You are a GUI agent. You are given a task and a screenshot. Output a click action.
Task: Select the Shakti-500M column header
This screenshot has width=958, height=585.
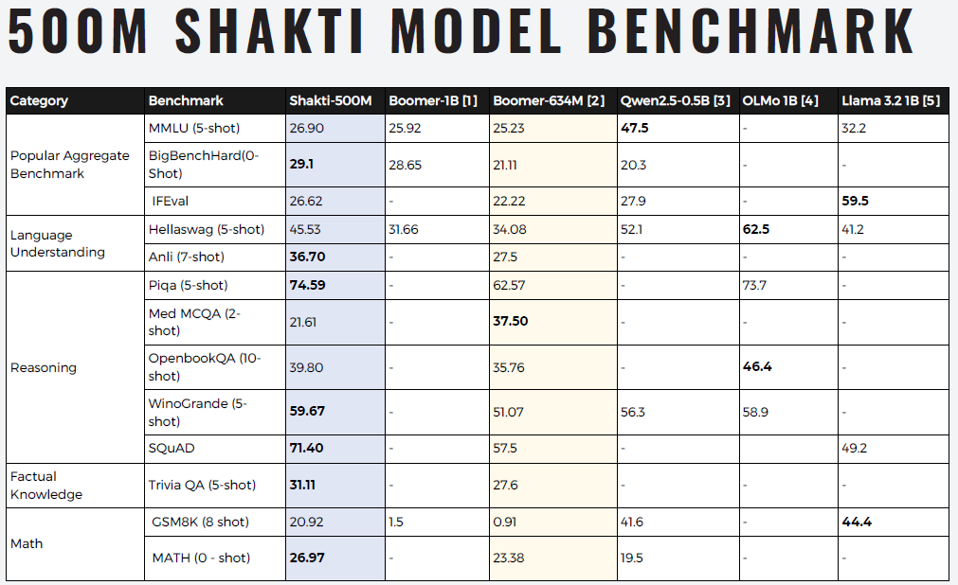click(330, 101)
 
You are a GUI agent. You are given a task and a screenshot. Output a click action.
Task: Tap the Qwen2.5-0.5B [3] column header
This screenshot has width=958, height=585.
click(675, 101)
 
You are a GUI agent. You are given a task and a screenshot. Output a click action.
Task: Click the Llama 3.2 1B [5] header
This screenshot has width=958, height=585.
click(891, 101)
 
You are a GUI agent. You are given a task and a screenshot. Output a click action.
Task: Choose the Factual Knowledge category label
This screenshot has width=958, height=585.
click(46, 486)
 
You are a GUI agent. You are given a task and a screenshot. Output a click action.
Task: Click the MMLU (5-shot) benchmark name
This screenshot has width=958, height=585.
click(194, 128)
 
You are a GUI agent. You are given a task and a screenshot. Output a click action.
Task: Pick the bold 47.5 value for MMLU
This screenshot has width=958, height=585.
click(635, 128)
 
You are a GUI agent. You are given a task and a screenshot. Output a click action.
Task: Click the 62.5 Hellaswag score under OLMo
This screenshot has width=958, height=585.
click(757, 229)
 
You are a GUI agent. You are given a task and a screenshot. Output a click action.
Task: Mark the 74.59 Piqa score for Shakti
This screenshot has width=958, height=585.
click(307, 285)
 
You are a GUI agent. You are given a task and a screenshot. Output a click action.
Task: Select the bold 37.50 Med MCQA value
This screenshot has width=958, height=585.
click(511, 322)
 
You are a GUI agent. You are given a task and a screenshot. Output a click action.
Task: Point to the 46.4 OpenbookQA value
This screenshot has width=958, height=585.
click(757, 366)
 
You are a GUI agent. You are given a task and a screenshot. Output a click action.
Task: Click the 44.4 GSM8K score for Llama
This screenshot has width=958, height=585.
click(857, 522)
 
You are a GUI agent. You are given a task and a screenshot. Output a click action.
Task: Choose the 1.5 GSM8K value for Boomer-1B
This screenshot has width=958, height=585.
click(397, 522)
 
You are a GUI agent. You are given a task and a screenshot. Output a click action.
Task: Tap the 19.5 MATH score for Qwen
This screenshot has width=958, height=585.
click(633, 558)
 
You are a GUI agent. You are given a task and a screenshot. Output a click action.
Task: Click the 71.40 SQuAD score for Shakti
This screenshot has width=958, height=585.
click(306, 448)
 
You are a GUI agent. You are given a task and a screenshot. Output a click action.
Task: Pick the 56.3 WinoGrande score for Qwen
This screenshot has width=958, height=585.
click(633, 412)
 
